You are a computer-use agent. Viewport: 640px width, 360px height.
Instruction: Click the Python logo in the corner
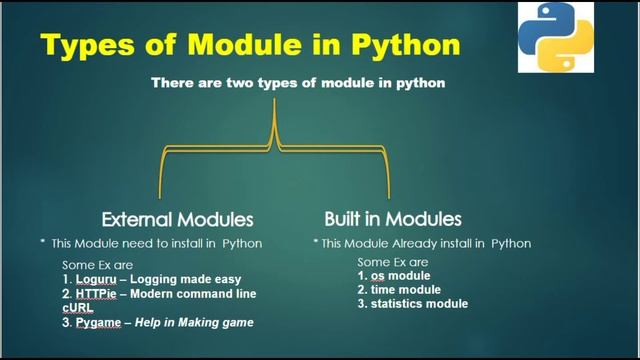tap(554, 37)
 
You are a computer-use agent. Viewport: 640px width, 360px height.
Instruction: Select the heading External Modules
tap(177, 218)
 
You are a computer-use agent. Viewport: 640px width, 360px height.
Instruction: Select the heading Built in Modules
tap(392, 218)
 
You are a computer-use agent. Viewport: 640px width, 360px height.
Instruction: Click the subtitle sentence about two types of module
tap(297, 84)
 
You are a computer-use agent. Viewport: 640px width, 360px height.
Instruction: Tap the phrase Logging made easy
tap(190, 280)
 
